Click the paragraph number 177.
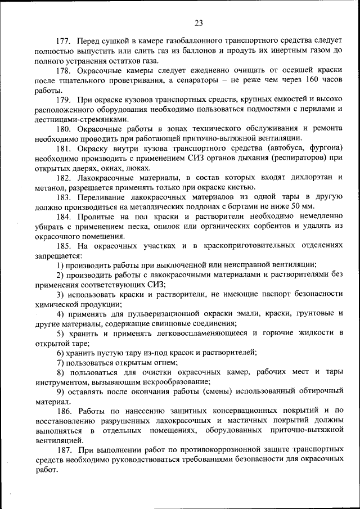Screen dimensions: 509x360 coord(64,42)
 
